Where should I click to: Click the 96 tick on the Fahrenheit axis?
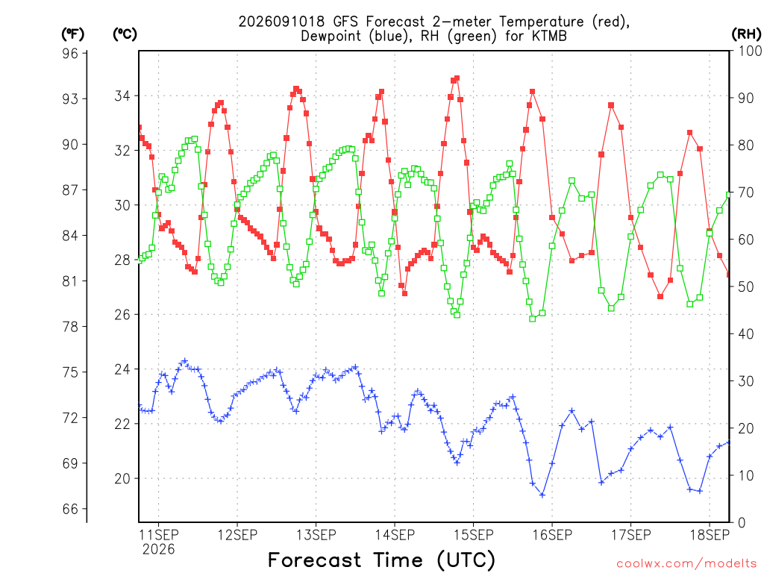pos(70,53)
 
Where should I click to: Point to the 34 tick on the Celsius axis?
pos(122,96)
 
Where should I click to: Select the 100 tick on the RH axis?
pos(750,51)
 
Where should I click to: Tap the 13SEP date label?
pos(316,535)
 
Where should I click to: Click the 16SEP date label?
pos(552,535)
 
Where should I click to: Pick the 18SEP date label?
pos(710,535)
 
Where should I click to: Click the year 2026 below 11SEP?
pos(158,550)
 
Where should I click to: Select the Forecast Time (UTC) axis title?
pos(381,560)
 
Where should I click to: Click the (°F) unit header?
pos(72,34)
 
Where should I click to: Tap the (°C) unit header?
pos(125,34)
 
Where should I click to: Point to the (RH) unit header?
pos(746,34)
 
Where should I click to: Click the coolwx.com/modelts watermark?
pos(686,564)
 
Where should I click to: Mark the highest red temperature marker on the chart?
pos(457,78)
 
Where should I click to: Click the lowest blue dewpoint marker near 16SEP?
pos(542,495)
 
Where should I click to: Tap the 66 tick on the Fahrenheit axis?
pos(70,509)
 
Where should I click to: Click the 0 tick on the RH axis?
pos(742,523)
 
